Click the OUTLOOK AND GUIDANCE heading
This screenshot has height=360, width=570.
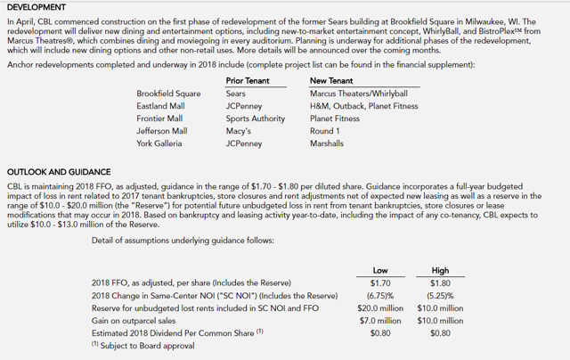click(59, 171)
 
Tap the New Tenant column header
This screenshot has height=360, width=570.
click(334, 80)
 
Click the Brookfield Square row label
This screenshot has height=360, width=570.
click(168, 93)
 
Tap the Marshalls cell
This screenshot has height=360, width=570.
click(328, 143)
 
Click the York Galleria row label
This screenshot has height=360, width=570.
click(159, 143)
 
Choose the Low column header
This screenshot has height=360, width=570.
click(383, 269)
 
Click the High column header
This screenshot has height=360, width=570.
click(440, 269)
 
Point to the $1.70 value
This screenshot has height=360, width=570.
click(383, 282)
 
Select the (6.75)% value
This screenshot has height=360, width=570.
click(383, 295)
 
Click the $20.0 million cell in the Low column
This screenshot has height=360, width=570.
click(383, 307)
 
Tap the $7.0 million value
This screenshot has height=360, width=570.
click(383, 320)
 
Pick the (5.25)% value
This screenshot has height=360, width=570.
click(440, 295)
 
